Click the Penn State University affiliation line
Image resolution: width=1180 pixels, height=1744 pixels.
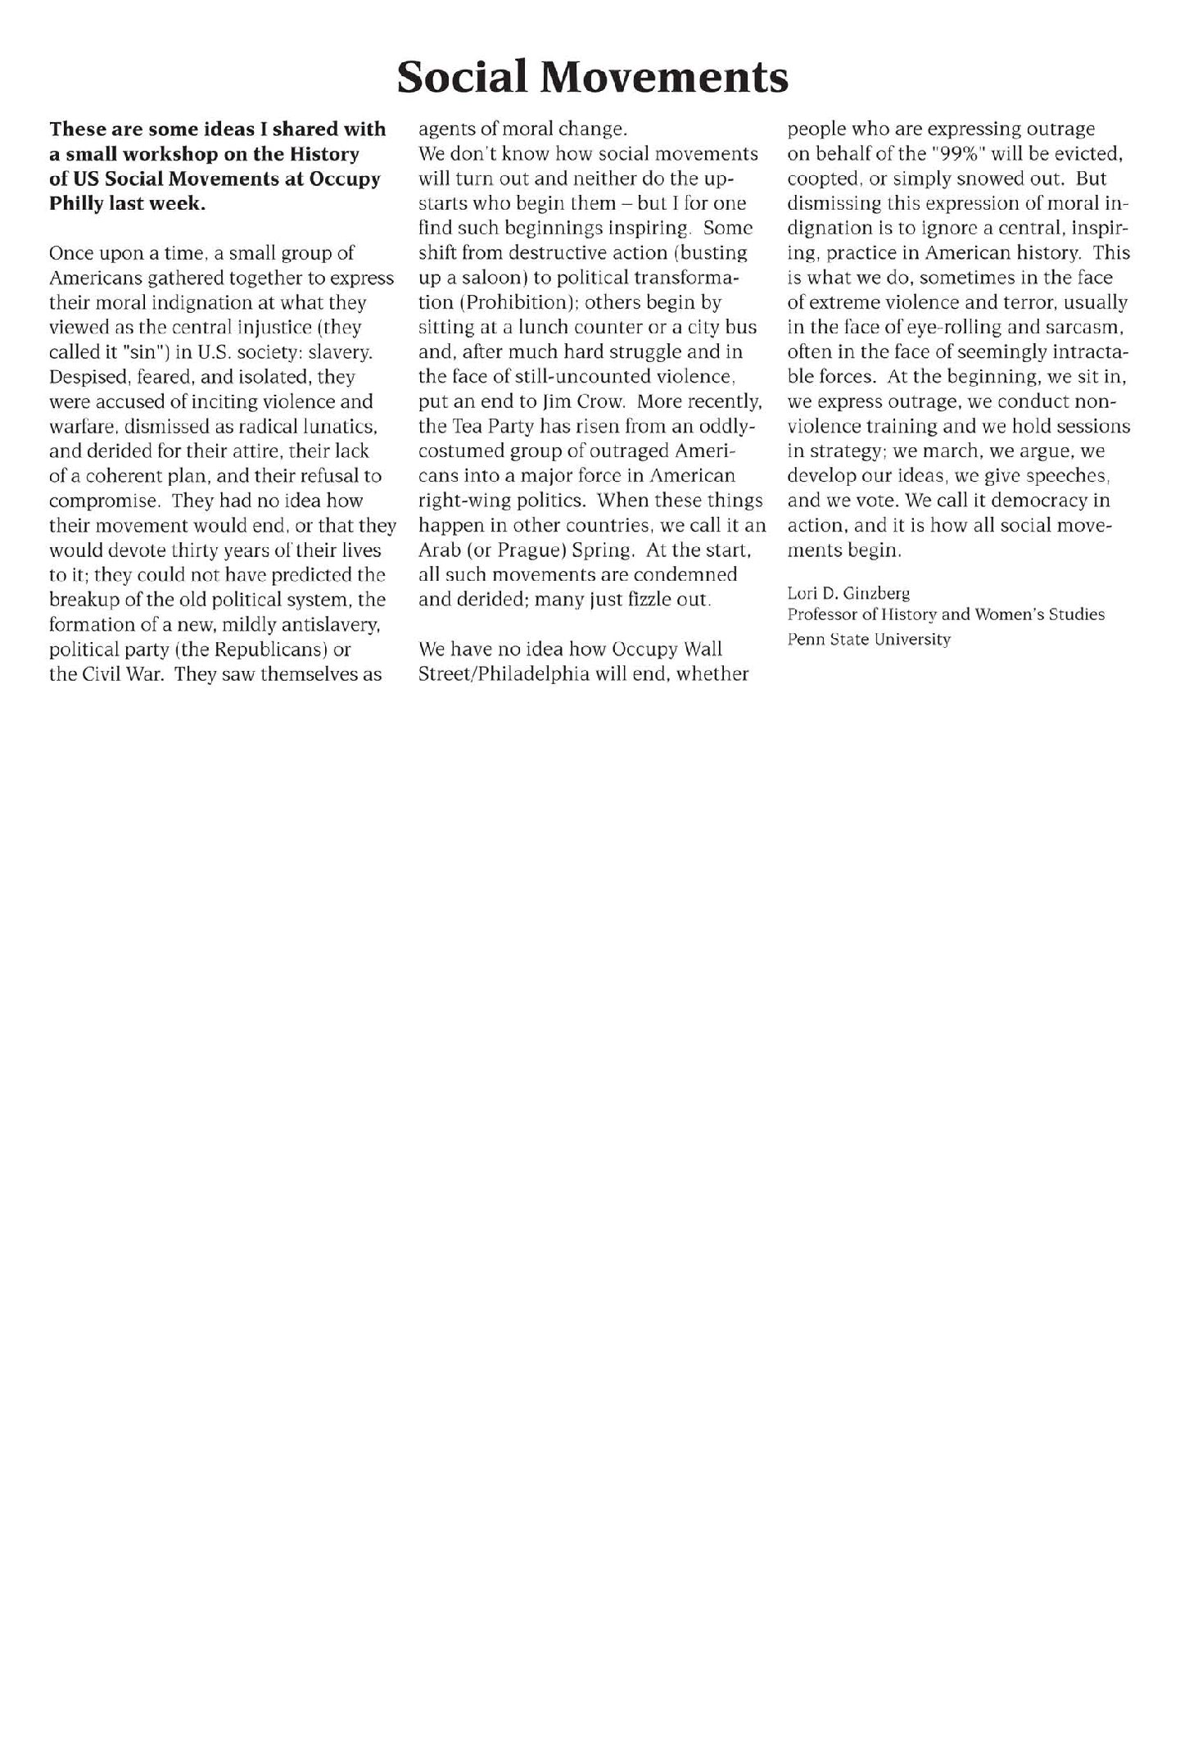[x=869, y=639]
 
